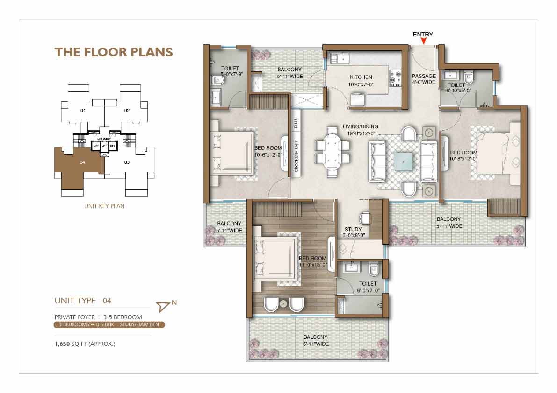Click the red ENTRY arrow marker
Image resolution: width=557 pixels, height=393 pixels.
[423, 41]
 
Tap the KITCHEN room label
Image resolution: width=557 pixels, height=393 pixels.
[361, 77]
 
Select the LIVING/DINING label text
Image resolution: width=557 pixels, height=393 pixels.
[360, 126]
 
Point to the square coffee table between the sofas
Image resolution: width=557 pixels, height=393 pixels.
[404, 161]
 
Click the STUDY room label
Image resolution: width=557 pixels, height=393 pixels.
[353, 229]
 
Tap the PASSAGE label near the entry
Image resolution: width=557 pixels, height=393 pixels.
[424, 76]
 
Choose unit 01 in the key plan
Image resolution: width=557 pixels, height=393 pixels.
[83, 111]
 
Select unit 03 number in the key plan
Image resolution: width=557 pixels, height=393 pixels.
[127, 162]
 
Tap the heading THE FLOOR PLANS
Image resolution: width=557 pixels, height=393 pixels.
[114, 52]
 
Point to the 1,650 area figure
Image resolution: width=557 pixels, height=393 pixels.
[62, 344]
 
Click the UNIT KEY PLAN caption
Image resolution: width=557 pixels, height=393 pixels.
[104, 206]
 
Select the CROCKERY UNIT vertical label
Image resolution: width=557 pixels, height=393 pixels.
[296, 156]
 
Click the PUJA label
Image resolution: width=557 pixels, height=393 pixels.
[296, 123]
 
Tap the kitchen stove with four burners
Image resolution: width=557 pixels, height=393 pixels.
[395, 78]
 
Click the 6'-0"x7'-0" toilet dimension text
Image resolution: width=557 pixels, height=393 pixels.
[368, 291]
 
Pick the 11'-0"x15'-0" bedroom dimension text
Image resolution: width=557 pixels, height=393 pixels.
[313, 265]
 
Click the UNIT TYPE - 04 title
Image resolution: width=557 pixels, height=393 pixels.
[83, 301]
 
